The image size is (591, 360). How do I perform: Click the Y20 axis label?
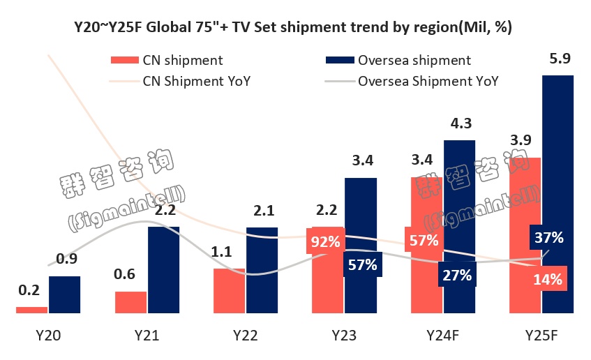coord(47,336)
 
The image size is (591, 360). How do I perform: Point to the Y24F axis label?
coord(442,336)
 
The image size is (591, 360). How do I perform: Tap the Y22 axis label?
coord(245,336)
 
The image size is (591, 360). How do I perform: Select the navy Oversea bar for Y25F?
coord(558,195)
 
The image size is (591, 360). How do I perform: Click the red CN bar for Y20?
coord(31,310)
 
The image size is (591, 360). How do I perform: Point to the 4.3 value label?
coord(461,124)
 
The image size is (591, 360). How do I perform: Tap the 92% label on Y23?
coord(326,242)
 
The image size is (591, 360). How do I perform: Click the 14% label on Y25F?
coord(547,280)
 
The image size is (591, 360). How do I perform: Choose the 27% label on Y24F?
coord(458,274)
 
